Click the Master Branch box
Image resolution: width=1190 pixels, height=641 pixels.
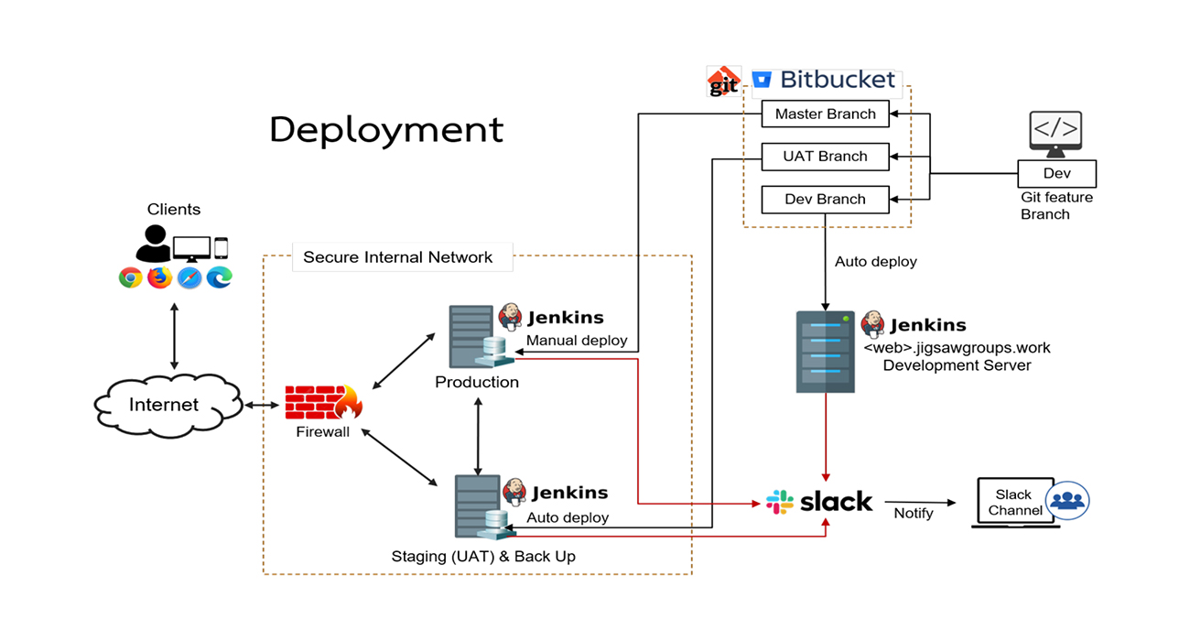click(x=825, y=114)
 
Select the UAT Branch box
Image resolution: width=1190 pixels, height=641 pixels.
click(x=825, y=157)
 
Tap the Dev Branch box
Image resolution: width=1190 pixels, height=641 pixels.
click(x=825, y=200)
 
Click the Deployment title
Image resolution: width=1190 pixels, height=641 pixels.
click(x=386, y=130)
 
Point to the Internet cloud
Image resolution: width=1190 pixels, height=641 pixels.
click(x=164, y=405)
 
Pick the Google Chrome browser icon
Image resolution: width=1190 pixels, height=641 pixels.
click(x=131, y=277)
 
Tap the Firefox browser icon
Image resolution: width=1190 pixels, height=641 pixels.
click(x=160, y=277)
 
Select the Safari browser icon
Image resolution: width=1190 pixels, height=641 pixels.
click(x=189, y=277)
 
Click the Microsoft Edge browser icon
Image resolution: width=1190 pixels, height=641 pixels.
click(x=220, y=277)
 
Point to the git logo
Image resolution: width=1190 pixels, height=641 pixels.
click(x=723, y=81)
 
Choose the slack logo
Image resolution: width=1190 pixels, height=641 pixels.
click(x=819, y=502)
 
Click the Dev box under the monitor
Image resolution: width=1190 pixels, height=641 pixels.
click(x=1056, y=173)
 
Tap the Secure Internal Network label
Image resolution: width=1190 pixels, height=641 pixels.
click(x=397, y=257)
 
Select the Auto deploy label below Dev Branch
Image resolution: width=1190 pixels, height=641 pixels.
click(x=875, y=262)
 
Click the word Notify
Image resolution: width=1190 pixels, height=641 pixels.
click(x=914, y=514)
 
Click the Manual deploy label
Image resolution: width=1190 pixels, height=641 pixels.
click(x=577, y=341)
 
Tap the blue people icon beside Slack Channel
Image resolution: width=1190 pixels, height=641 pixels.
click(x=1066, y=501)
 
